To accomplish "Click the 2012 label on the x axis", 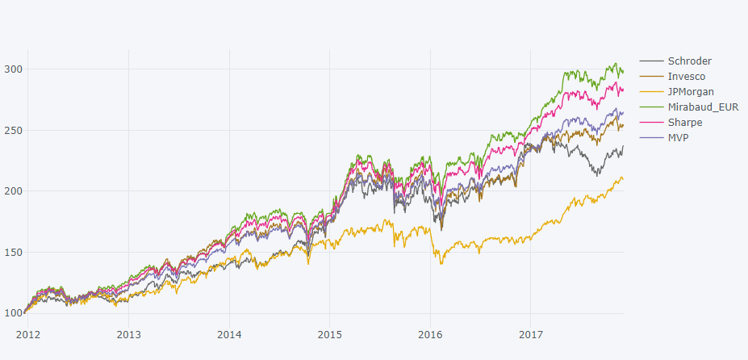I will click(28, 333).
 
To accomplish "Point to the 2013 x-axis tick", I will click(128, 333).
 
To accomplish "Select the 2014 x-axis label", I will click(229, 333).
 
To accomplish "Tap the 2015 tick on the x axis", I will click(329, 333).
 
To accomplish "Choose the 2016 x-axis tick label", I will click(430, 333).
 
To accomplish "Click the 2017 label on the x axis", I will click(530, 333).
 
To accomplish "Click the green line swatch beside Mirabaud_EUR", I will click(651, 107).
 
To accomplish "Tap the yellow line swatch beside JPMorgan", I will click(651, 92).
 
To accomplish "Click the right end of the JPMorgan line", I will click(622, 178).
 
